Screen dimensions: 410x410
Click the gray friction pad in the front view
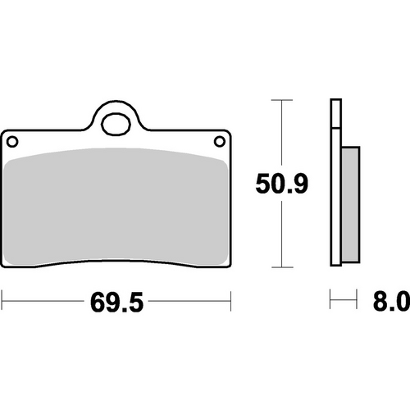coord(116,209)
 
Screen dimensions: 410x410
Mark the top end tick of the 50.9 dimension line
coord(281,100)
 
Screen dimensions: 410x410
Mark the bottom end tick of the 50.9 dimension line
coord(281,268)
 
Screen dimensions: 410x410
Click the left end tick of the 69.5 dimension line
coord(2,304)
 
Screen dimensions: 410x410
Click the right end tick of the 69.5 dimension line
coord(230,304)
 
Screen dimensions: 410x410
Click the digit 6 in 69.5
coord(95,305)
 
